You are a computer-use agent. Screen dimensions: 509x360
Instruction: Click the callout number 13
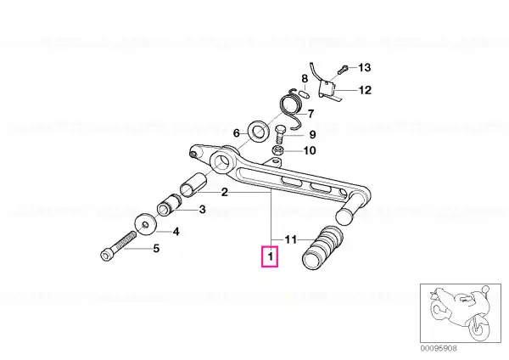click(x=364, y=68)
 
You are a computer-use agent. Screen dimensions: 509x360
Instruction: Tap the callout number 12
click(x=365, y=90)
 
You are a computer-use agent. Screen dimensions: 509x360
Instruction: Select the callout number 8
click(x=305, y=79)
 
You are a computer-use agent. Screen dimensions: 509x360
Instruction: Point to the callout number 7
click(x=311, y=114)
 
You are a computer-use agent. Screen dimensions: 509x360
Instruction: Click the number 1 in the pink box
click(x=271, y=257)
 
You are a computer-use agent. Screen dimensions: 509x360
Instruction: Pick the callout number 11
click(x=291, y=239)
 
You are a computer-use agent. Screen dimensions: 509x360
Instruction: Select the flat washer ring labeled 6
click(x=258, y=131)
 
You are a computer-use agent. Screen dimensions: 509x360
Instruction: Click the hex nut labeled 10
click(x=277, y=150)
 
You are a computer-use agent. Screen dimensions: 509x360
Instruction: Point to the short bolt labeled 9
click(x=280, y=135)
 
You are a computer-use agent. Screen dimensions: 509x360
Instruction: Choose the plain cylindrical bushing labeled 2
click(x=193, y=185)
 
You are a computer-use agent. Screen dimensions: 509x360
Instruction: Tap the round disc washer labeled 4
click(x=145, y=224)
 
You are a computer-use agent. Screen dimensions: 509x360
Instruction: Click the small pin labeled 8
click(x=305, y=93)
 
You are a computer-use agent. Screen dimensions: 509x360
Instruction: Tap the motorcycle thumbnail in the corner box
click(x=461, y=313)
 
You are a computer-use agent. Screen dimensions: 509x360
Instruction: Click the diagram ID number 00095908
click(x=439, y=348)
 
